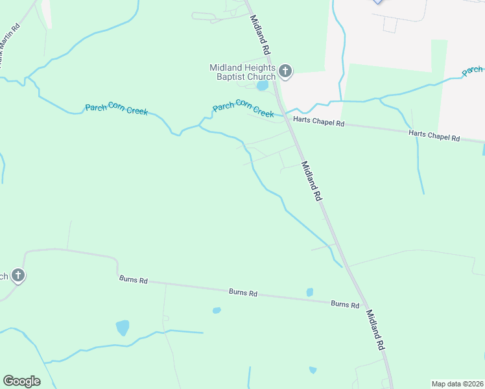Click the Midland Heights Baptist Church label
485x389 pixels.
pos(242,72)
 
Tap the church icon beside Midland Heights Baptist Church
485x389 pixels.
pos(285,71)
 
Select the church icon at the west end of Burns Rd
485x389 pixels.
pos(18,276)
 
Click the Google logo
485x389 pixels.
pos(21,381)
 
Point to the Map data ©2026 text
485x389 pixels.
pos(457,384)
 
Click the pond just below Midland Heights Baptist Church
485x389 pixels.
pos(262,86)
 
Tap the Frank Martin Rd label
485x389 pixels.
pos(9,45)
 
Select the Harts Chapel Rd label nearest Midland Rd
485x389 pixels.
pos(318,121)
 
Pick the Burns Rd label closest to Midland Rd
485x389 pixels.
pos(345,304)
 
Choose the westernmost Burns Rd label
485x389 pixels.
pos(134,280)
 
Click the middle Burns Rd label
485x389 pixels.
pos(243,292)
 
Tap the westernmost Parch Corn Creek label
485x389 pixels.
pos(117,110)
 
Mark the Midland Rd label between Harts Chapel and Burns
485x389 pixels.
pos(312,182)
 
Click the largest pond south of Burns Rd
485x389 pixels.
pos(123,327)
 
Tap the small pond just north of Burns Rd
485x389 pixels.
pos(310,292)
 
